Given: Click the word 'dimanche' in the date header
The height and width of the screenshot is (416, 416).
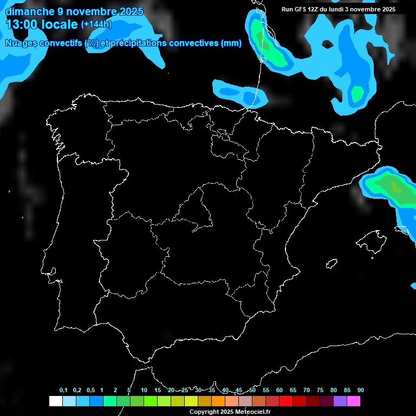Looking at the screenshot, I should (x=29, y=11).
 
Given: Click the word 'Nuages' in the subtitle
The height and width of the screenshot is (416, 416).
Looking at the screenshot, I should (x=21, y=43).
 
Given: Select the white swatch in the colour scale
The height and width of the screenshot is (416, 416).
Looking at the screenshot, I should (x=55, y=401).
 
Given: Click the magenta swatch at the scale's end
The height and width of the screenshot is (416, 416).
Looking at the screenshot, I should (x=354, y=401).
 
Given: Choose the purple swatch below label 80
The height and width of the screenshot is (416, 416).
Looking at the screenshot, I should (x=340, y=401).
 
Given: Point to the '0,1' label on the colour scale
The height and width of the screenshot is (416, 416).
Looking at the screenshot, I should (x=63, y=391).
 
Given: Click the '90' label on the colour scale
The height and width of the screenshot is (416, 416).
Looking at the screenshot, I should (x=361, y=391).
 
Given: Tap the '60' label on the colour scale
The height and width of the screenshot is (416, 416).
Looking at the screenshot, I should (x=279, y=391).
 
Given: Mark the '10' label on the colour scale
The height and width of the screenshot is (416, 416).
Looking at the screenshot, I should (x=144, y=391).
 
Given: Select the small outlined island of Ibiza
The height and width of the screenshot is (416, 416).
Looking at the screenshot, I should (x=331, y=264).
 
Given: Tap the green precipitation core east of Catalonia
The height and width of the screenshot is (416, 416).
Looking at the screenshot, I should (x=393, y=187).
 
